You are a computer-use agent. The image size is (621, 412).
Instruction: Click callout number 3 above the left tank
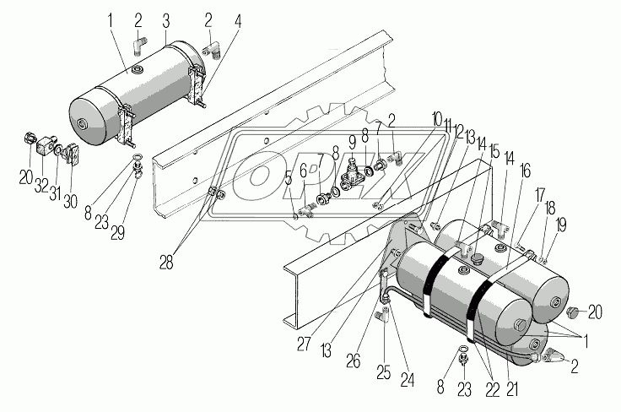[x=167, y=18]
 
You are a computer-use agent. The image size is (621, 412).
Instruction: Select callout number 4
[x=240, y=18]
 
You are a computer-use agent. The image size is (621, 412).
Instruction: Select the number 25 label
[x=385, y=372]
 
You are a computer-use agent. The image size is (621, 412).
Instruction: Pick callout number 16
[x=525, y=171]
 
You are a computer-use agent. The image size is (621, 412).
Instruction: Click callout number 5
[x=288, y=179]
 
